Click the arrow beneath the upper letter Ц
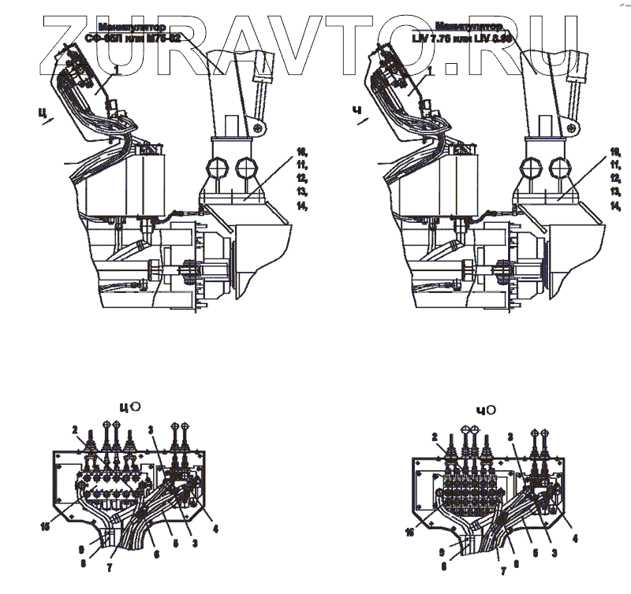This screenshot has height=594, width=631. pyautogui.click(x=50, y=121)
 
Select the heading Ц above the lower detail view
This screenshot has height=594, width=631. pyautogui.click(x=124, y=407)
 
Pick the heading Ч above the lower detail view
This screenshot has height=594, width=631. pyautogui.click(x=483, y=409)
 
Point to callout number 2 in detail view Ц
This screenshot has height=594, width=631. pyautogui.click(x=75, y=429)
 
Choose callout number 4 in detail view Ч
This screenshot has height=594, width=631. pyautogui.click(x=575, y=539)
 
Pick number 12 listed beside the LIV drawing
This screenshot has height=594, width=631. pyautogui.click(x=614, y=178)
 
